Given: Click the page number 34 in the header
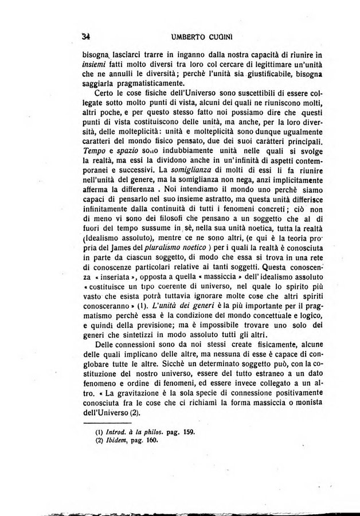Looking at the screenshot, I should coord(88,36).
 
